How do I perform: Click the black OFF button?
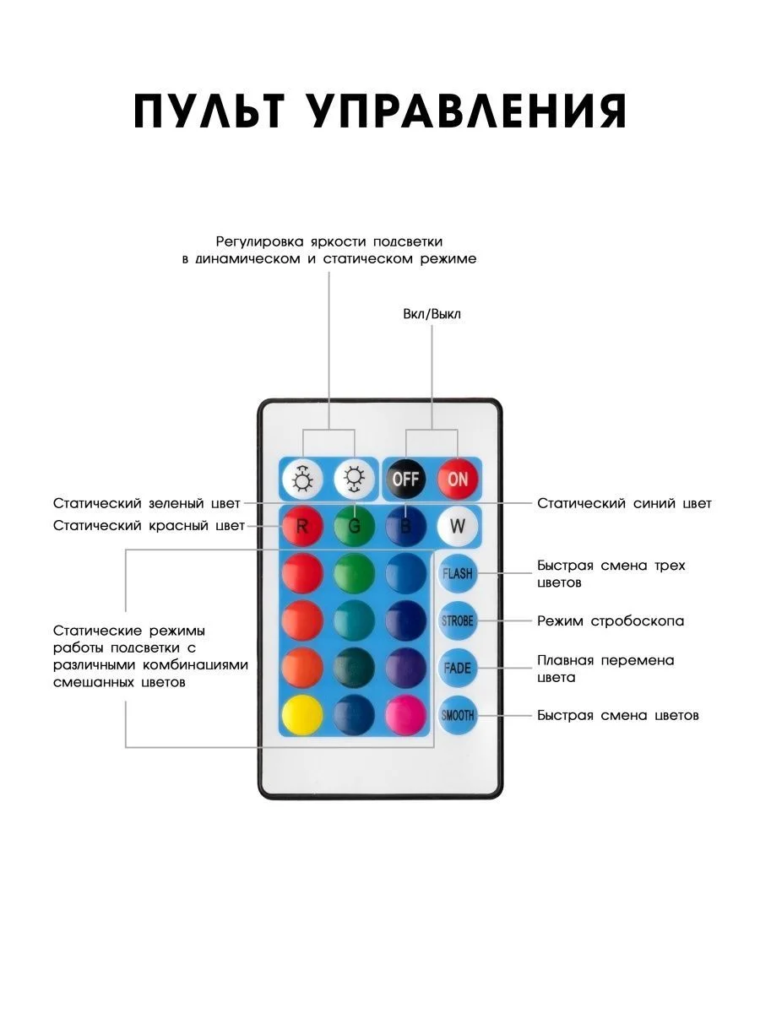click(405, 479)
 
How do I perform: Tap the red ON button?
click(458, 479)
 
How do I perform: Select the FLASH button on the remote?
click(458, 574)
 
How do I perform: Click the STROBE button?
click(458, 620)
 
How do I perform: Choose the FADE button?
click(458, 668)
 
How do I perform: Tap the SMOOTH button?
click(458, 715)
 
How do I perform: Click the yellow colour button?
click(302, 715)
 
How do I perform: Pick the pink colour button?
click(405, 715)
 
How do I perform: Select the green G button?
click(354, 526)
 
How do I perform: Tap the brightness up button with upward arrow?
click(302, 479)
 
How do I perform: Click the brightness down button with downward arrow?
click(354, 479)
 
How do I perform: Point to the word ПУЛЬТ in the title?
click(209, 111)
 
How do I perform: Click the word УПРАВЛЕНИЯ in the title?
click(467, 111)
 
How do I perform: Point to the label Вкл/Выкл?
click(432, 314)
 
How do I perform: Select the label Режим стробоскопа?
click(611, 621)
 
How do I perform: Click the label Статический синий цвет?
click(624, 503)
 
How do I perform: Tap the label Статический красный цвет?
click(149, 526)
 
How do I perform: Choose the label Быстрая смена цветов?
click(618, 715)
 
